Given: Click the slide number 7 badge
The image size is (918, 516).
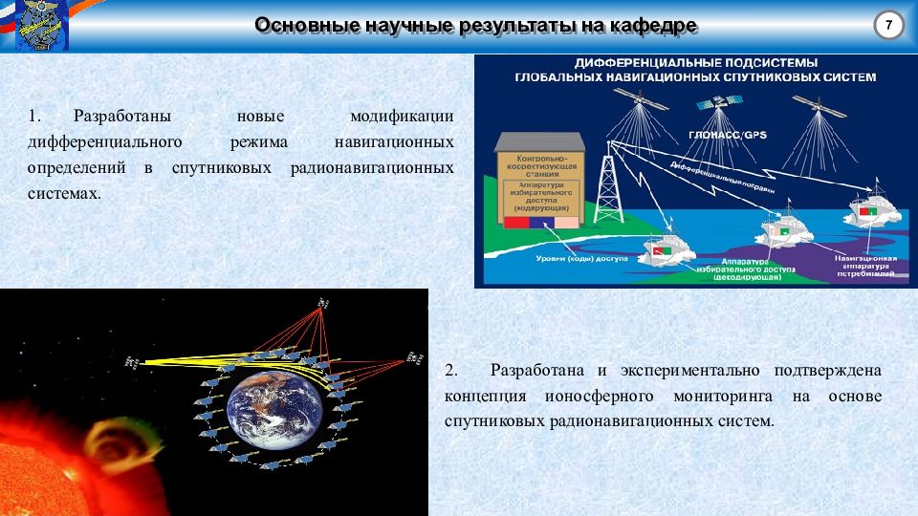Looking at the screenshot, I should pyautogui.click(x=888, y=26).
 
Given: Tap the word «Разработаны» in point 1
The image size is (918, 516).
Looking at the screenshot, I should pyautogui.click(x=121, y=117).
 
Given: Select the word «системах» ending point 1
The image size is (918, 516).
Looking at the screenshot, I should pyautogui.click(x=63, y=193).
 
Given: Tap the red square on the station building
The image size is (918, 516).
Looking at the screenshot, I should pyautogui.click(x=515, y=223).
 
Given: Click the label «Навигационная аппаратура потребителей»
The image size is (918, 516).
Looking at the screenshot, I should pyautogui.click(x=864, y=265).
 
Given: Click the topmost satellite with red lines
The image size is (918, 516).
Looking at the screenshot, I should pyautogui.click(x=321, y=303).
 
